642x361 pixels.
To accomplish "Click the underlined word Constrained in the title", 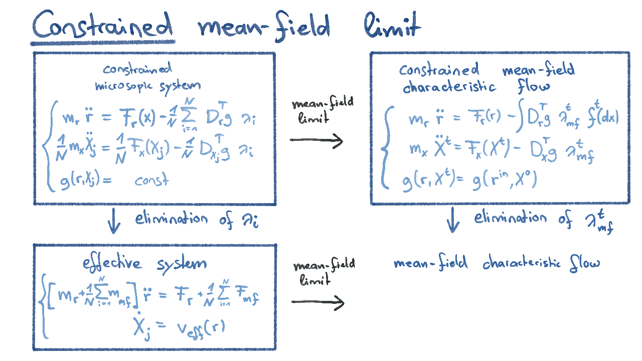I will [102, 25].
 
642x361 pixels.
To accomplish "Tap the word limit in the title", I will [392, 25].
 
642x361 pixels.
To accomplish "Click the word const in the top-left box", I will [151, 180].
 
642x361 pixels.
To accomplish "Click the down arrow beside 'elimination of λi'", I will [114, 223].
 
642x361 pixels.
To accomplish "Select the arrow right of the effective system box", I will [318, 302].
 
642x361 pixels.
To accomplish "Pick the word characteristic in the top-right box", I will [449, 87].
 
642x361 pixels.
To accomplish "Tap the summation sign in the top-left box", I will [188, 118].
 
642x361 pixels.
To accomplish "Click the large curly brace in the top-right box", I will [386, 149].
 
